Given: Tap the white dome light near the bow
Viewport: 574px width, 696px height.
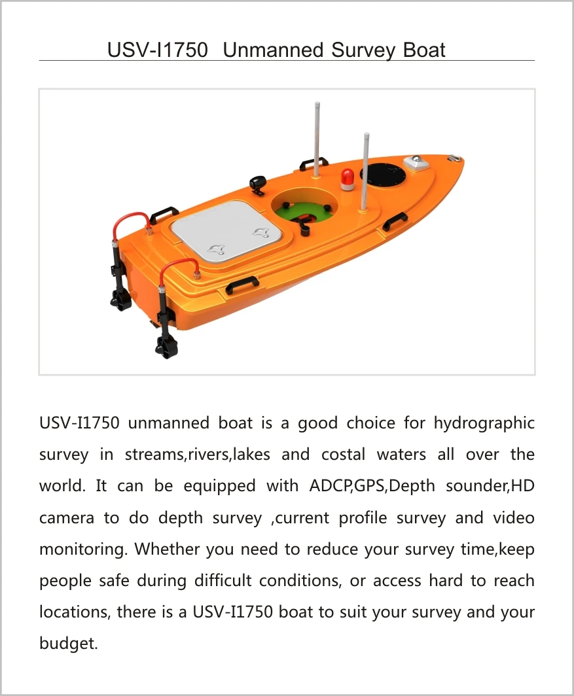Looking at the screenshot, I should click(x=416, y=162).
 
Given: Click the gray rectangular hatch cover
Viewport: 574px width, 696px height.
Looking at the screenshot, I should click(x=229, y=237).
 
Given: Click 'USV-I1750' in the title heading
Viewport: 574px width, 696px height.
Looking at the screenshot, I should click(x=158, y=50).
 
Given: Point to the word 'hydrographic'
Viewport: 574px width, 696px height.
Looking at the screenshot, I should click(x=484, y=423).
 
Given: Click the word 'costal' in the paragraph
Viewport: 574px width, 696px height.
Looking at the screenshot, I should click(x=342, y=455).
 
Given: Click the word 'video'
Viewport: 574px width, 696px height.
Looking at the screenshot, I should click(x=514, y=518).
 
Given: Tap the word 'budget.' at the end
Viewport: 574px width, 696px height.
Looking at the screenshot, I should click(x=69, y=644).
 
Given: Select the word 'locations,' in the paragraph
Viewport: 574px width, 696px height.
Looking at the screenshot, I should click(x=75, y=612).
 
